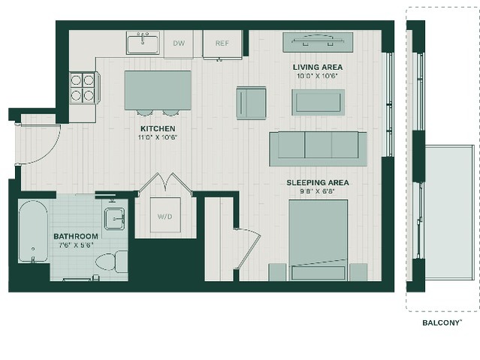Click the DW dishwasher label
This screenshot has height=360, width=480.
[179, 43]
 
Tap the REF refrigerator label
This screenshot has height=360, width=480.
[222, 43]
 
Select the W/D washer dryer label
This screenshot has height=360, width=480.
[165, 216]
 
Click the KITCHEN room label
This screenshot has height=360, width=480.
[158, 129]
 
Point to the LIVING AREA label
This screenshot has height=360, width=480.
[318, 67]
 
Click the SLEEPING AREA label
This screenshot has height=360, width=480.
[318, 183]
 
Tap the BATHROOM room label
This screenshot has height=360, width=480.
[76, 236]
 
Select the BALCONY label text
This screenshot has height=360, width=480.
[442, 322]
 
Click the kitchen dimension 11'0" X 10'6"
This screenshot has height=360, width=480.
[158, 138]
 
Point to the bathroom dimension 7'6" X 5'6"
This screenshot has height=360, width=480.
[76, 245]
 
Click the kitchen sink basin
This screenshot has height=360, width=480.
[143, 44]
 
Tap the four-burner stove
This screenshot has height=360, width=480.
[83, 88]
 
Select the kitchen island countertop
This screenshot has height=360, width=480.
[158, 90]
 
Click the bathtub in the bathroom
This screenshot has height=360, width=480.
[33, 231]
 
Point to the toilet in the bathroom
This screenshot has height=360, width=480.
[111, 262]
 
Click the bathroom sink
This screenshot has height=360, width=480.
[114, 219]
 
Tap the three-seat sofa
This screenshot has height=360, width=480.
[318, 149]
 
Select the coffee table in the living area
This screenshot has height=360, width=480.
[318, 102]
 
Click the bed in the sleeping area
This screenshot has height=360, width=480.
[318, 240]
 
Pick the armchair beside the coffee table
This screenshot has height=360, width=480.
[251, 103]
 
